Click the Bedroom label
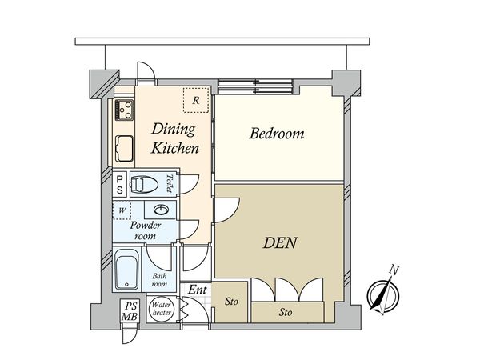277,134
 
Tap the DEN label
280,242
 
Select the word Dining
174,130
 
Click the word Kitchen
174,148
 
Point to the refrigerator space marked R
196,100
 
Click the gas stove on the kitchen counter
124,110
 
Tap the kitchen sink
124,149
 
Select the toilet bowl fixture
144,185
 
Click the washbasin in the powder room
161,210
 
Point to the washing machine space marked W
122,210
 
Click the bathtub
127,270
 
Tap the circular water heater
162,309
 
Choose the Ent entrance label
198,290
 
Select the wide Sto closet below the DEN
287,312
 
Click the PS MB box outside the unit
130,310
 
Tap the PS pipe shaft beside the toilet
120,185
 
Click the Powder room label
145,230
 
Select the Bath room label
159,280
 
